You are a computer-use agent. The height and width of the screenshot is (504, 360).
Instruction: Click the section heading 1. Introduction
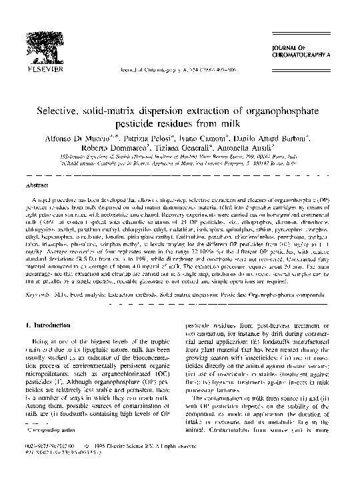(x=47, y=306)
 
